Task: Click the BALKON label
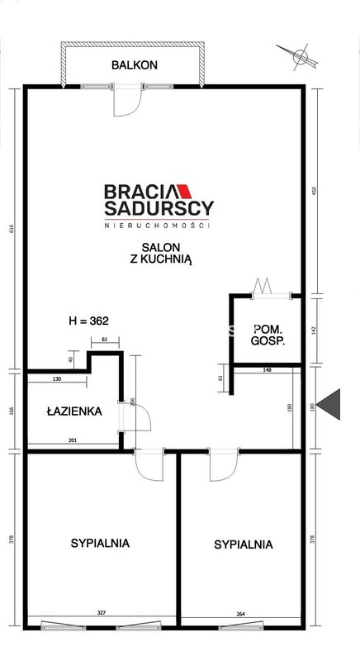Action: pos(135,65)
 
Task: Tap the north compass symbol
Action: pos(300,56)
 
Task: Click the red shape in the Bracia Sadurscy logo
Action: pos(184,192)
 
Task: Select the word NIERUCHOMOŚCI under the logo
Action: pos(157,226)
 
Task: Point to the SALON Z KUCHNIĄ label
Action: pos(160,254)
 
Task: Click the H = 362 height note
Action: pos(88,321)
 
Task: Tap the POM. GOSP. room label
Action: pos(268,335)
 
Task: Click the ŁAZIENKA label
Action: pos(74,411)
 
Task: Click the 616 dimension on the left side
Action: pos(12,229)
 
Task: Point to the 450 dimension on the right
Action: pos(313,192)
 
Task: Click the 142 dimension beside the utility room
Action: pos(313,328)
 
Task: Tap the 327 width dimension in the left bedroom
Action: pos(100,613)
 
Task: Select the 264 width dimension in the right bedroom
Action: pos(240,614)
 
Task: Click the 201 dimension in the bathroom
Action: pos(72,440)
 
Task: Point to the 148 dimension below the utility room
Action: pos(267,370)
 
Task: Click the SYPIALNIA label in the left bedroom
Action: pos(100,543)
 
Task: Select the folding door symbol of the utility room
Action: pos(262,286)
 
